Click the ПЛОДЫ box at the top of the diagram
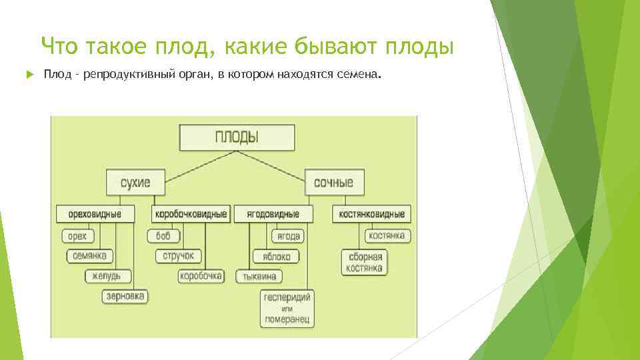click(236, 138)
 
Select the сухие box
click(135, 182)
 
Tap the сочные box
click(334, 182)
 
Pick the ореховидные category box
click(95, 214)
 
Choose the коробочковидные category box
click(191, 214)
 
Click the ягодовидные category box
click(273, 214)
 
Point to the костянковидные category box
click(372, 214)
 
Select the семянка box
click(90, 256)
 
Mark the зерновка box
click(125, 296)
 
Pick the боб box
click(163, 236)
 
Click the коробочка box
click(201, 276)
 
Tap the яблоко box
click(276, 256)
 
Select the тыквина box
click(259, 276)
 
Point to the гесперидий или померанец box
click(287, 308)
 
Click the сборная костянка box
click(365, 262)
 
